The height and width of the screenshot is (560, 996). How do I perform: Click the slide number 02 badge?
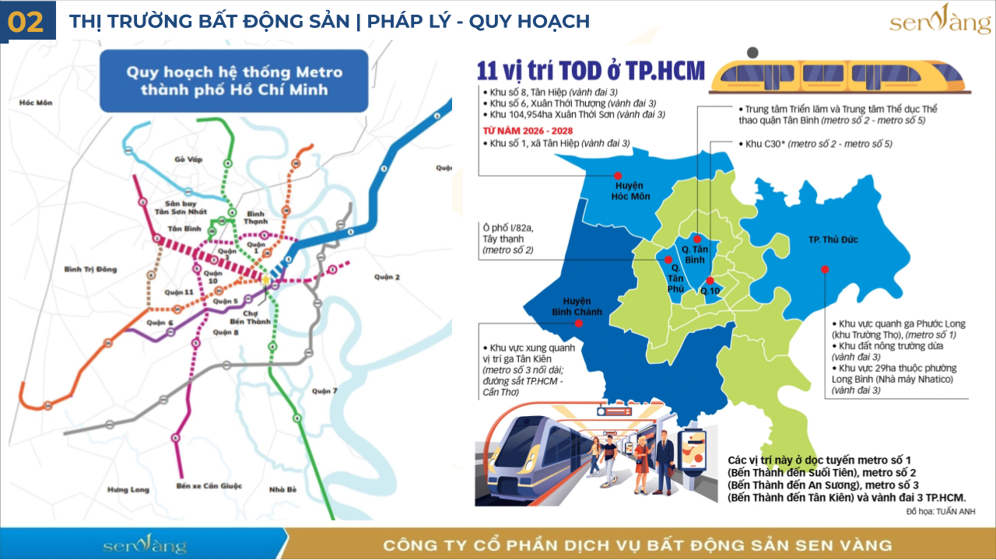pyautogui.click(x=26, y=21)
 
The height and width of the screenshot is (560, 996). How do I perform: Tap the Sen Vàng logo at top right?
pyautogui.click(x=940, y=21)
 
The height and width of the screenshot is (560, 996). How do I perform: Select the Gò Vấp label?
pyautogui.click(x=188, y=159)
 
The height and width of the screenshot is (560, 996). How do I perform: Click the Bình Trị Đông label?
pyautogui.click(x=90, y=269)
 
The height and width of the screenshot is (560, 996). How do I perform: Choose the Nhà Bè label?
pyautogui.click(x=282, y=490)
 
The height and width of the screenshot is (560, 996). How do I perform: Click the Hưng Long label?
pyautogui.click(x=128, y=490)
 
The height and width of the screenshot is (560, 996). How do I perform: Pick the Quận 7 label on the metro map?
pyautogui.click(x=324, y=390)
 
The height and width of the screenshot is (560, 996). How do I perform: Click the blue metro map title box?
pyautogui.click(x=233, y=81)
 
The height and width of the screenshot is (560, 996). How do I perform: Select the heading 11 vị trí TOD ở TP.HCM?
pyautogui.click(x=591, y=71)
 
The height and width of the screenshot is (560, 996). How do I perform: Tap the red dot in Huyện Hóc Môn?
pyautogui.click(x=618, y=176)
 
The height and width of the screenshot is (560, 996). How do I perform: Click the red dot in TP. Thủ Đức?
pyautogui.click(x=825, y=269)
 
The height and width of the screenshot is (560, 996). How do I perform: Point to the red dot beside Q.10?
pyautogui.click(x=709, y=281)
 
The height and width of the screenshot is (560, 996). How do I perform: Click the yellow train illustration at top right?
pyautogui.click(x=841, y=75)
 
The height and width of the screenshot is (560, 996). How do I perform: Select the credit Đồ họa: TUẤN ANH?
pyautogui.click(x=940, y=512)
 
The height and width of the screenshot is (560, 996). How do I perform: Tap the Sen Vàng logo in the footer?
pyautogui.click(x=145, y=544)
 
